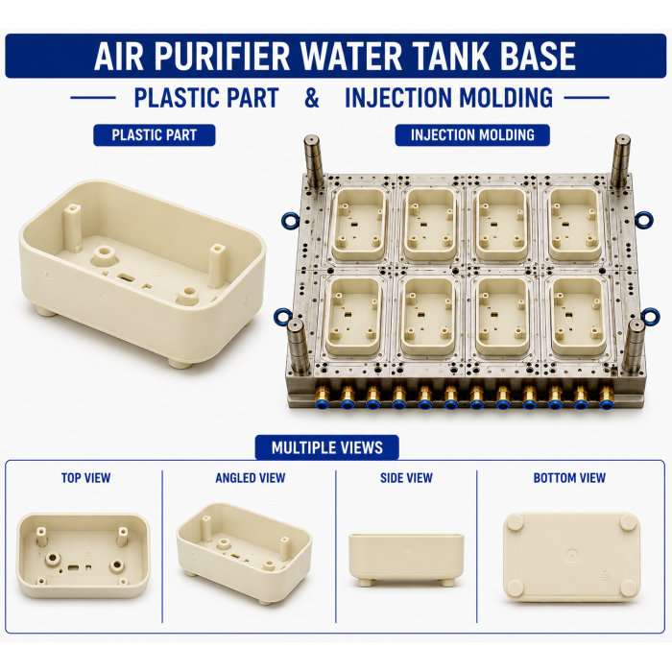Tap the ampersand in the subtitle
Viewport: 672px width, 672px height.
[x=312, y=98]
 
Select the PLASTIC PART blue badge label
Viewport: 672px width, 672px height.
[x=155, y=135]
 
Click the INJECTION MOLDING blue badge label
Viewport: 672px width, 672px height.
[x=472, y=135]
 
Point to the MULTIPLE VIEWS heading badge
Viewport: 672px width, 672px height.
[x=327, y=448]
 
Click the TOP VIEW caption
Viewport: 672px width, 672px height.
[x=85, y=478]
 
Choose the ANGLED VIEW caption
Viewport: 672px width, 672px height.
[x=251, y=478]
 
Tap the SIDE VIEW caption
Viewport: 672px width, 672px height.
[x=406, y=478]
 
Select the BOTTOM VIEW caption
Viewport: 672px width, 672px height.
[x=569, y=478]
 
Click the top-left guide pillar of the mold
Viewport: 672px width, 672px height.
[x=314, y=160]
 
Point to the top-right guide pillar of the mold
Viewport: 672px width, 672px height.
[x=621, y=160]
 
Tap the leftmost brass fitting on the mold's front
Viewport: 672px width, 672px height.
[x=322, y=396]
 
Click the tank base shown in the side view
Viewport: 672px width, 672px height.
[x=406, y=560]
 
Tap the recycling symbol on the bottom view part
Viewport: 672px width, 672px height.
[x=606, y=576]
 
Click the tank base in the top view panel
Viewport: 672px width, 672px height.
[x=84, y=556]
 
